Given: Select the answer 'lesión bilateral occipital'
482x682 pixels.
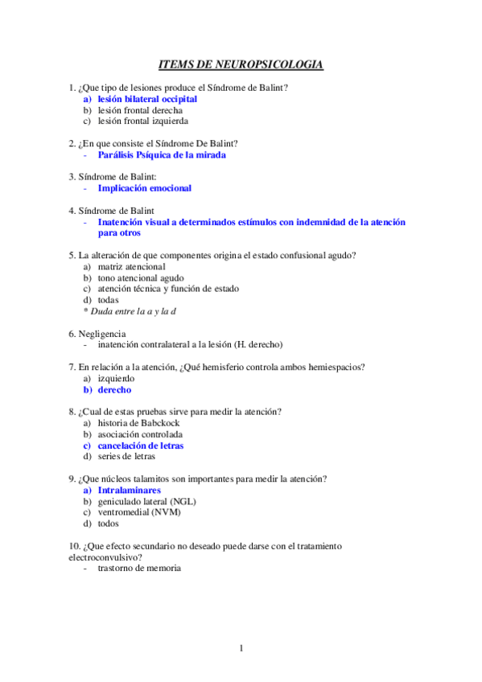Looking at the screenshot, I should pos(147,99).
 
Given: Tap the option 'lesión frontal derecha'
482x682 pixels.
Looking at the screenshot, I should pos(140,110).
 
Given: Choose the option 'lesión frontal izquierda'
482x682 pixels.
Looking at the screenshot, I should pos(143,121).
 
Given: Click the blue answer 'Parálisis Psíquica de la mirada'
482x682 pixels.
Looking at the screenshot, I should pos(162,154).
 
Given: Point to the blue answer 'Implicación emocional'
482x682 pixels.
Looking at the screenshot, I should pos(145,188).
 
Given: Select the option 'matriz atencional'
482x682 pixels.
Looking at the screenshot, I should pos(131,266).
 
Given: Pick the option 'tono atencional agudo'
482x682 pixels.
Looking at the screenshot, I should pos(141,277).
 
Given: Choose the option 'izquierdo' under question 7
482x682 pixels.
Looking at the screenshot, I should pos(116,378).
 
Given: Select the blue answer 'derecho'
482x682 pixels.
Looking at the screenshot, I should pos(114,389).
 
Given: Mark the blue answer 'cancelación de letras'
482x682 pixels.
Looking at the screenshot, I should pos(141,445).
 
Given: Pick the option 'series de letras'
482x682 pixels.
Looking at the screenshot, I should pos(127,456).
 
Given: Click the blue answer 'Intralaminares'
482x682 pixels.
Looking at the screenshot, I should pos(129,490).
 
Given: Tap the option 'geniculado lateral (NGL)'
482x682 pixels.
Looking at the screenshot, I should pos(146,501).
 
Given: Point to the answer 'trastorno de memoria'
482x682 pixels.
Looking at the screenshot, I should pos(139,568).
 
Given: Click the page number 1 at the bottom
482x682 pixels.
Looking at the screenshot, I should pos(241,648).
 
